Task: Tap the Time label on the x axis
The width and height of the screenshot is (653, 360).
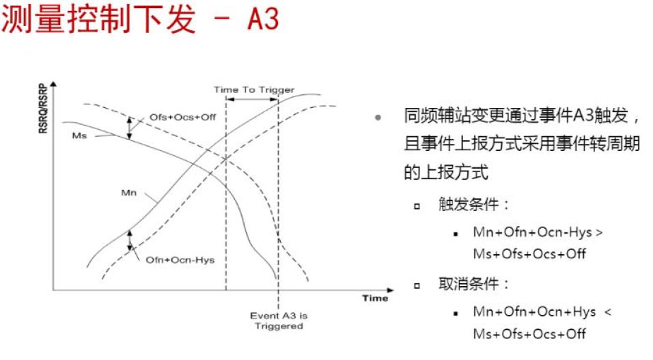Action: [375, 299]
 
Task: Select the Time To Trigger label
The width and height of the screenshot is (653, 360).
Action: [254, 89]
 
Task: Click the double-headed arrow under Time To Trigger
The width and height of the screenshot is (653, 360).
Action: [252, 100]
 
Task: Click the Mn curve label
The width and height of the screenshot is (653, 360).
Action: [128, 193]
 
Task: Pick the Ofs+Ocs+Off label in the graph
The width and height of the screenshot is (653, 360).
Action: [182, 117]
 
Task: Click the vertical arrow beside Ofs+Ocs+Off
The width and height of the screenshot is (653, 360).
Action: [130, 127]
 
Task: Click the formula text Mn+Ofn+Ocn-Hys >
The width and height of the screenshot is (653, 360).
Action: [538, 232]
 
